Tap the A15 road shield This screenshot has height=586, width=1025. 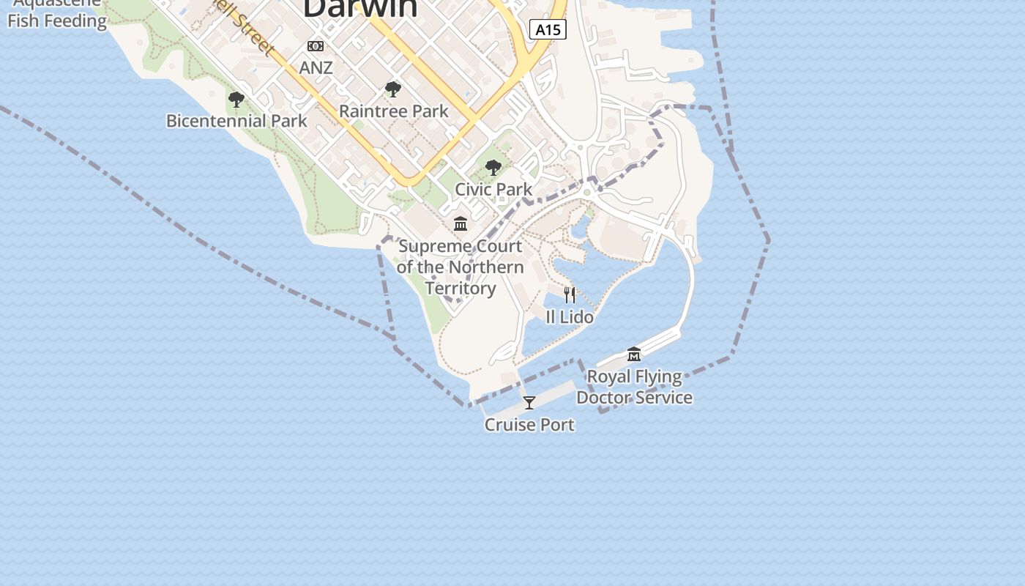(548, 29)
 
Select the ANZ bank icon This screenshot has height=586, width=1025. (316, 46)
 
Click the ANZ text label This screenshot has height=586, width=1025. (316, 68)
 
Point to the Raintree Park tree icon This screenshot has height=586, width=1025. (393, 89)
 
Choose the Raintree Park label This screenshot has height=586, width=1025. (394, 111)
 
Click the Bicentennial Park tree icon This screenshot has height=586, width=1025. (236, 100)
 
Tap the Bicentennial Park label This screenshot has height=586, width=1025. (236, 121)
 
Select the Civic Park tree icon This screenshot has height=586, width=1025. (493, 168)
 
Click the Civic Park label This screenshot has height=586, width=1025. (493, 189)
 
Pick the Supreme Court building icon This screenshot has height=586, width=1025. (461, 223)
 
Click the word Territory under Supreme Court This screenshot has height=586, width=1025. (461, 288)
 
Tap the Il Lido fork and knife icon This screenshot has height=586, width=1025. (570, 294)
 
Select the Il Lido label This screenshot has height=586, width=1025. (570, 317)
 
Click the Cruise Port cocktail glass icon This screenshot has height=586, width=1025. (529, 402)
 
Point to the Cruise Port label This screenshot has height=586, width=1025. (529, 425)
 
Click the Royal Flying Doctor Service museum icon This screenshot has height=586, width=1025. (634, 355)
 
